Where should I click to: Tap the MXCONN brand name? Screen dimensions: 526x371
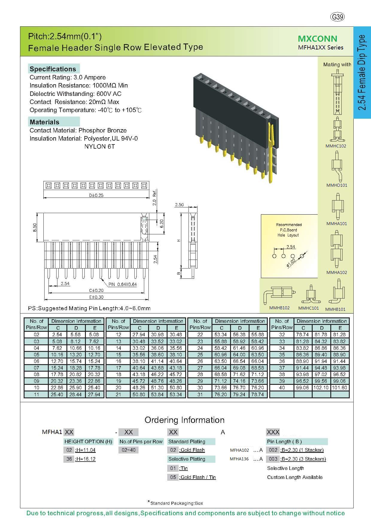(317, 39)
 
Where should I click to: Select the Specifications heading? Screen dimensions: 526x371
(53, 69)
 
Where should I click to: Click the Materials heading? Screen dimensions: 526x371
(45, 122)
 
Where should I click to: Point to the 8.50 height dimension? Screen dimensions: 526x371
(35, 227)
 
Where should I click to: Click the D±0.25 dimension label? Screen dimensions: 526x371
(96, 195)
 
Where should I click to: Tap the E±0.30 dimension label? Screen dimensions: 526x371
(96, 297)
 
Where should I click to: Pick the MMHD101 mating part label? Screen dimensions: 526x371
(337, 185)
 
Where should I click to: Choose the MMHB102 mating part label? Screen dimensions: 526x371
(279, 308)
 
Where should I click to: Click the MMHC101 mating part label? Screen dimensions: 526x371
(308, 308)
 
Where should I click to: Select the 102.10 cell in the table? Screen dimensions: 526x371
(322, 388)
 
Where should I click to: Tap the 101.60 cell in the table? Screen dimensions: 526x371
(340, 388)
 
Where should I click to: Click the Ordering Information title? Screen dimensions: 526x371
(184, 420)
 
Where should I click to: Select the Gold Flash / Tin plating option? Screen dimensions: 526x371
(197, 477)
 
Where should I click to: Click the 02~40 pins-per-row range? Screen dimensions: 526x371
(129, 450)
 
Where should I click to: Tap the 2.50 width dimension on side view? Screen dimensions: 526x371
(179, 205)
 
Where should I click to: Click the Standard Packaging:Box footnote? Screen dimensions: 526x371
(177, 503)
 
